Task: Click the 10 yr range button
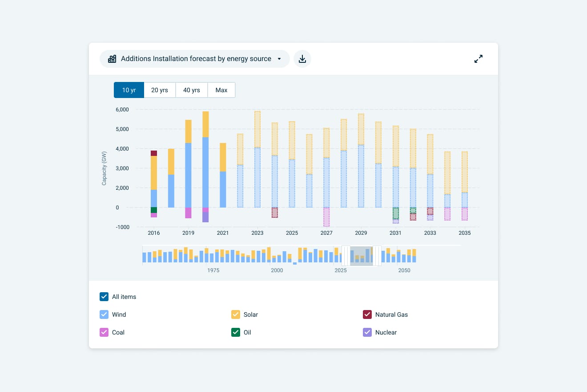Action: tap(129, 90)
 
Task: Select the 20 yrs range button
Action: tap(160, 90)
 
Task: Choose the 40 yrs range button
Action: tap(192, 90)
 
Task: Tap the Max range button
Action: tap(221, 90)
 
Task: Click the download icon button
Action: tap(302, 59)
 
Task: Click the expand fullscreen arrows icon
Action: tap(478, 59)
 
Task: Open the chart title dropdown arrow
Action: tap(279, 59)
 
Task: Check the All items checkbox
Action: tap(104, 297)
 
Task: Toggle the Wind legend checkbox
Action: tap(104, 314)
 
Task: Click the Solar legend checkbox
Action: tap(236, 314)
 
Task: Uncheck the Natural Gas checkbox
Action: tap(367, 314)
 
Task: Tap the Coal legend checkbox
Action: tap(104, 332)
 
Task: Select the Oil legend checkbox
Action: tap(236, 332)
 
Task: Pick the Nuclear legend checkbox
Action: tap(367, 332)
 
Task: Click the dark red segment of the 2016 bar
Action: tap(154, 153)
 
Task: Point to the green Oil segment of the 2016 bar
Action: tap(154, 210)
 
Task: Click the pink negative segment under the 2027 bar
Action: tap(326, 217)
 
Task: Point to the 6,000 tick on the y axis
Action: tap(122, 110)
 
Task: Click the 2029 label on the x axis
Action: tap(361, 233)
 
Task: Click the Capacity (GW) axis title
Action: tap(104, 168)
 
